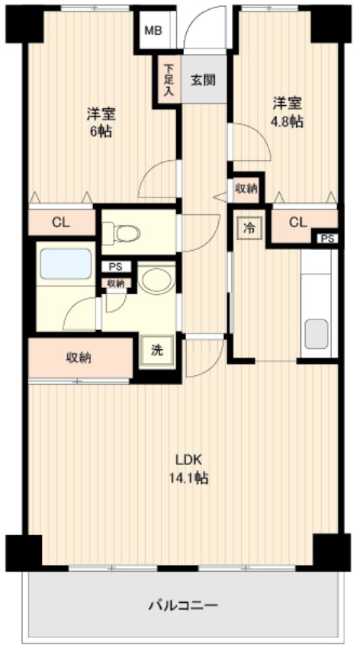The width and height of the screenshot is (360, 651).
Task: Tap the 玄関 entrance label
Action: [203, 79]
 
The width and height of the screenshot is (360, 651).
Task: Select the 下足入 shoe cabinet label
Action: [168, 79]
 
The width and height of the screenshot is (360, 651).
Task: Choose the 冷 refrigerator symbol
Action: [249, 226]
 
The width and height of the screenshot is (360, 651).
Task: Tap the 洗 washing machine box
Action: [156, 351]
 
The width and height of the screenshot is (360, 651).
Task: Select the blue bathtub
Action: [66, 264]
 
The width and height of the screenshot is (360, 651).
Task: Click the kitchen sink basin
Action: [317, 333]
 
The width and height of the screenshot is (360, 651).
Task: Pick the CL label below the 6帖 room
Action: [61, 223]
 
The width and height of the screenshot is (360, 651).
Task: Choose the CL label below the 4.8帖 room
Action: [298, 223]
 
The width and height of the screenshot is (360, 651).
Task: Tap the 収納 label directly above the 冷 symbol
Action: [246, 188]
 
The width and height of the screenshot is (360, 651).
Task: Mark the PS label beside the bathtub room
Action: [115, 267]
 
